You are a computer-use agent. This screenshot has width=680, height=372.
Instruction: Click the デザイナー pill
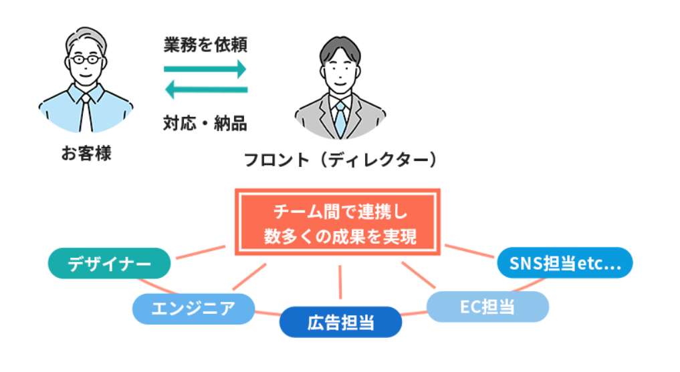pos(110,264)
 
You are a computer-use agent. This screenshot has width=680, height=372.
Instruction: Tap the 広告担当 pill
pos(340,323)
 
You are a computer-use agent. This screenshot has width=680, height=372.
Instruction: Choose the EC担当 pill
pos(487,307)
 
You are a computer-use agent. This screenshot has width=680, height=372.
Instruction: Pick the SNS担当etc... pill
pos(565,262)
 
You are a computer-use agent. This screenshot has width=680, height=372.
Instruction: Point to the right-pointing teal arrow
pos(205,68)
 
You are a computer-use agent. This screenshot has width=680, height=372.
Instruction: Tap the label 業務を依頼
pos(205,46)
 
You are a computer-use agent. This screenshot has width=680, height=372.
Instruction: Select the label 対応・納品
pos(205,122)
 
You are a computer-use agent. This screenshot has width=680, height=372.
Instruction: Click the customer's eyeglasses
pos(86,60)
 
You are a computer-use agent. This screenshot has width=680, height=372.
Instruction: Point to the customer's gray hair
pos(86,37)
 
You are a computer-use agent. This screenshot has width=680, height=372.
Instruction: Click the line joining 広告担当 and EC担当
pos(414,314)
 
